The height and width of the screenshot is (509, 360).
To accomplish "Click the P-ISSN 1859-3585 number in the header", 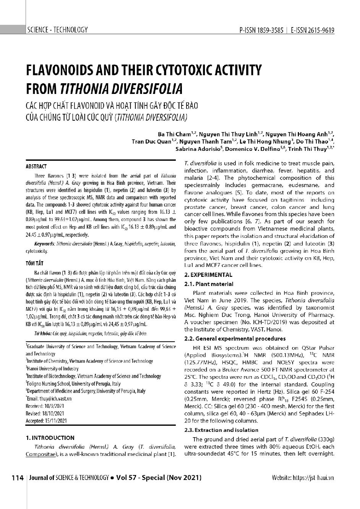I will tap(261, 30).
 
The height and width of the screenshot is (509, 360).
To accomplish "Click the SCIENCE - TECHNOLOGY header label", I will tap(57, 30).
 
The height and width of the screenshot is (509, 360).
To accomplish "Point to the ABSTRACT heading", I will tap(36, 166).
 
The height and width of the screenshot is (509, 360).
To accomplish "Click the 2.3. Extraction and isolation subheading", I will tap(221, 430).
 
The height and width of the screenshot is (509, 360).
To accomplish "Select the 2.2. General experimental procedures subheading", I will tap(235, 339).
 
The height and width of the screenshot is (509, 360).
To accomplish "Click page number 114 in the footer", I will tap(18, 478).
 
